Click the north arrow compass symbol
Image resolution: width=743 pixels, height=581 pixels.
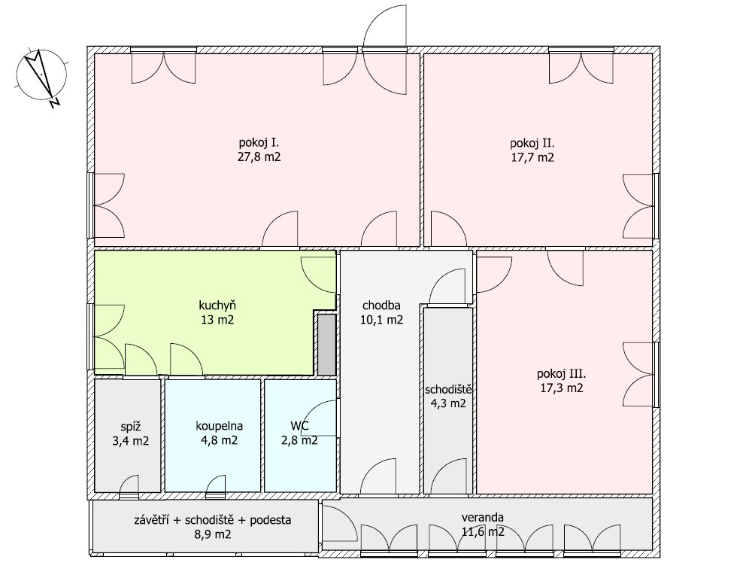(41, 76)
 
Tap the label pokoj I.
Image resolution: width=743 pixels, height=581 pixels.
(259, 142)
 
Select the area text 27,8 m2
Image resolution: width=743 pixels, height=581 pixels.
(259, 157)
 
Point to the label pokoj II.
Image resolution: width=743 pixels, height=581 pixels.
(532, 143)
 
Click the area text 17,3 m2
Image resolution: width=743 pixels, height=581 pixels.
(562, 388)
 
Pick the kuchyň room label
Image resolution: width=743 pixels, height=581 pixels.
(217, 306)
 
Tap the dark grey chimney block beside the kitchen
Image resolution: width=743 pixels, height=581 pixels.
(326, 345)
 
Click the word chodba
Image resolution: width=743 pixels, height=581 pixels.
(381, 306)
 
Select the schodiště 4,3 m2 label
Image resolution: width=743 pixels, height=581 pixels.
(448, 397)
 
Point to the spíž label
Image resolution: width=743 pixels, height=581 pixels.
(131, 427)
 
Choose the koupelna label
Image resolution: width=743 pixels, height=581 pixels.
(219, 426)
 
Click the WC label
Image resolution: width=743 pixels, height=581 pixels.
(299, 426)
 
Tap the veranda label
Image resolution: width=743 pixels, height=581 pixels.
(483, 518)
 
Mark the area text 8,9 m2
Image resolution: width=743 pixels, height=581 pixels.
(213, 534)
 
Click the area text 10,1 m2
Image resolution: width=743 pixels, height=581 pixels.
(381, 320)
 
